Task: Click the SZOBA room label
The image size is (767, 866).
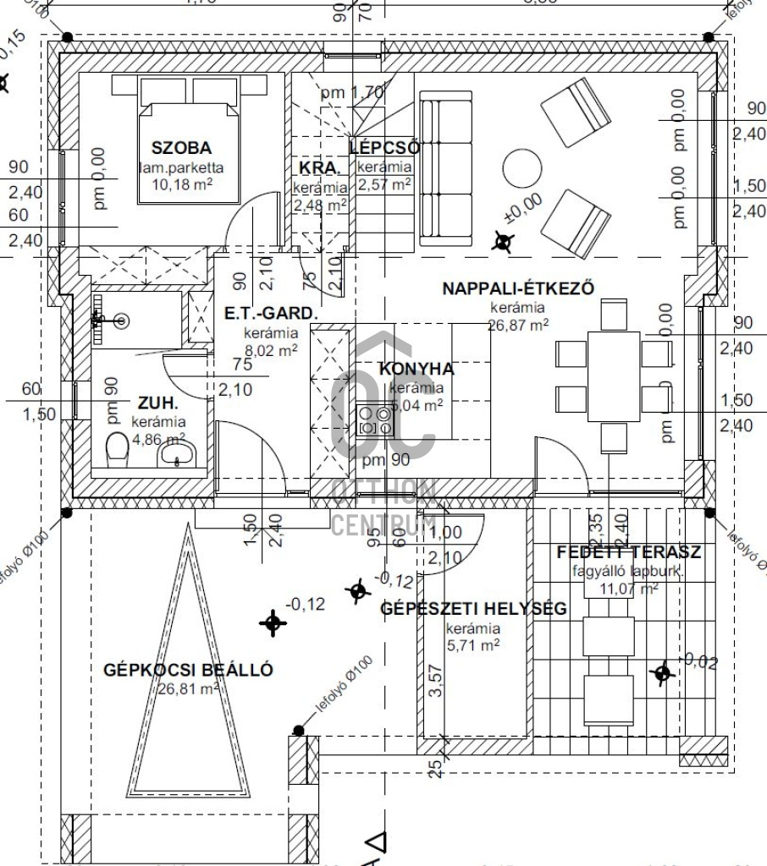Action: [176, 147]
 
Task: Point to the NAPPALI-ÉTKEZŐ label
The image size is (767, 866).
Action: [518, 288]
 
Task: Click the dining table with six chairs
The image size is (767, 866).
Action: [613, 375]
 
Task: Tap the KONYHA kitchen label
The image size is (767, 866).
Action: [416, 369]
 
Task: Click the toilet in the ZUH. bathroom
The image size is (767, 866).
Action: [116, 449]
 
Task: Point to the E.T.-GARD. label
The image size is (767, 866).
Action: [271, 314]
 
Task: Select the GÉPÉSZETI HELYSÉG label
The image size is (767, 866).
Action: [473, 608]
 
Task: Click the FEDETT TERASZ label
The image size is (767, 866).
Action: [628, 553]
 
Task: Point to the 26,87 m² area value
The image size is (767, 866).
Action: [518, 324]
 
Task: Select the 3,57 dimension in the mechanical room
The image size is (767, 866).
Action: [437, 680]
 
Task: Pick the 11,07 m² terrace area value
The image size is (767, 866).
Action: [628, 588]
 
